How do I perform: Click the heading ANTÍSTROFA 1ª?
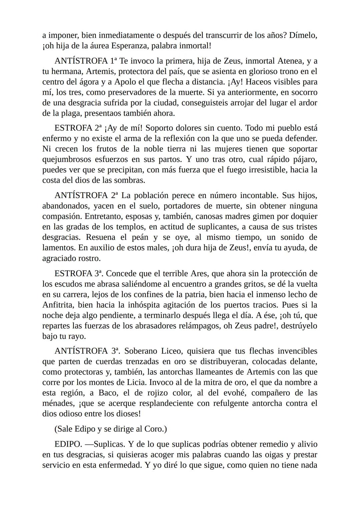(x=86, y=61)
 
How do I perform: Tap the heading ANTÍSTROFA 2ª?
(x=86, y=195)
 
